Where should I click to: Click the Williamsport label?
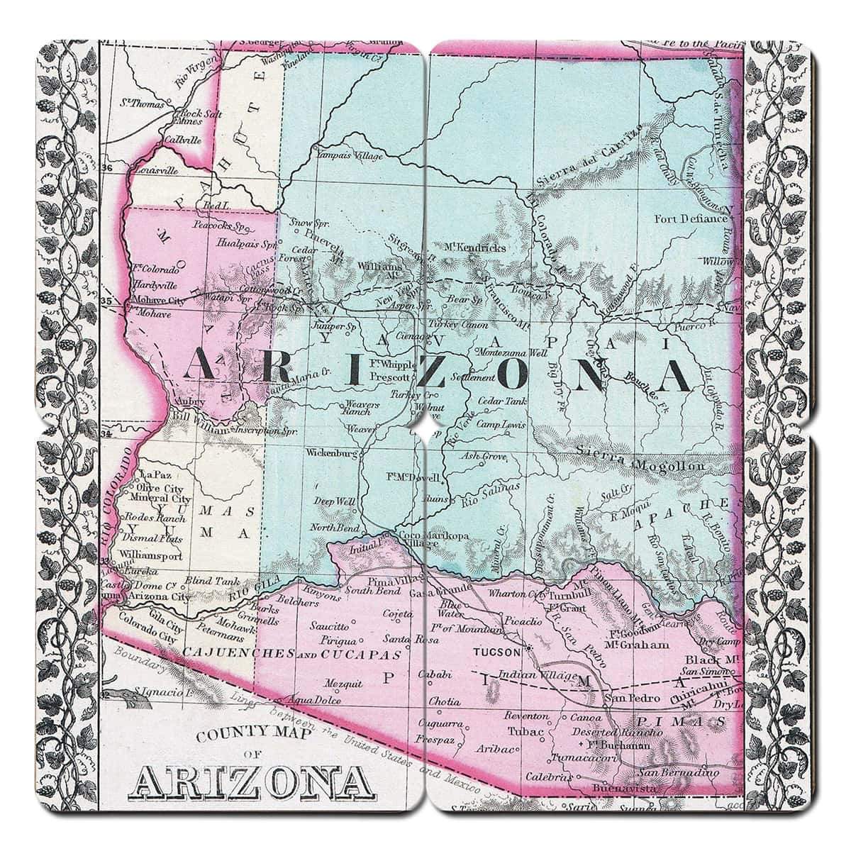tap(151, 555)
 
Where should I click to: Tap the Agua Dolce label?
tap(316, 701)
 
